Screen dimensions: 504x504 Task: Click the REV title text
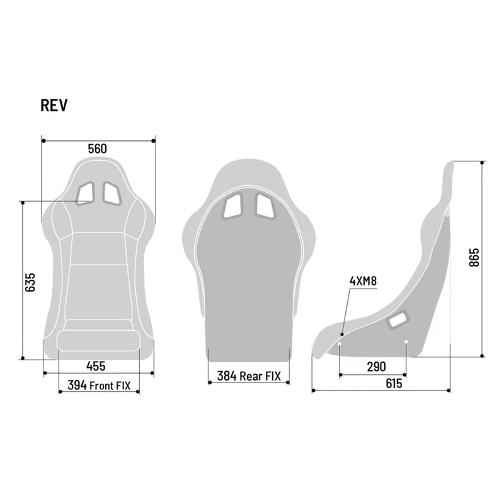pyautogui.click(x=54, y=105)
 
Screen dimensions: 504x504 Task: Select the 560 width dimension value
pyautogui.click(x=98, y=149)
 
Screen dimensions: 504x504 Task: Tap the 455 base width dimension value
pyautogui.click(x=96, y=366)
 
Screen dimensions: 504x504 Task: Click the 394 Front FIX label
pyautogui.click(x=99, y=386)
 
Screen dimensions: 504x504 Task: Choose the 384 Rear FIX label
pyautogui.click(x=249, y=376)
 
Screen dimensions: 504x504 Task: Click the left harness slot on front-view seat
pyautogui.click(x=86, y=193)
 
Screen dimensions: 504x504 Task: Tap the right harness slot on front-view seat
pyautogui.click(x=113, y=193)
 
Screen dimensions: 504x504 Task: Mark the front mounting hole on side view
pyautogui.click(x=340, y=343)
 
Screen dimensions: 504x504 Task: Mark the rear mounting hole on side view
pyautogui.click(x=406, y=343)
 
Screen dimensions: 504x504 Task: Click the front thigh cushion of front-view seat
pyautogui.click(x=98, y=341)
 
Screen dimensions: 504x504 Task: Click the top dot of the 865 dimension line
pyautogui.click(x=483, y=161)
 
